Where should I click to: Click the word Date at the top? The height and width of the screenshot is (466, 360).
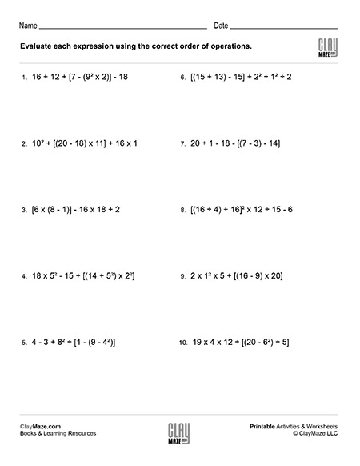(x=222, y=26)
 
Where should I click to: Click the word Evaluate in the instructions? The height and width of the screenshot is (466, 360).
(x=38, y=46)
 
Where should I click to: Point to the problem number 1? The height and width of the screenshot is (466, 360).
(x=24, y=78)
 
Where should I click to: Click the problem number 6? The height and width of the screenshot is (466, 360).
(x=183, y=78)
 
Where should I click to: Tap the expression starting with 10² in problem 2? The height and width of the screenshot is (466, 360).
(x=86, y=144)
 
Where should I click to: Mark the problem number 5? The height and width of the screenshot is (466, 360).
(x=24, y=343)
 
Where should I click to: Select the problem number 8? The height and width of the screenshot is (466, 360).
(x=183, y=210)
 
